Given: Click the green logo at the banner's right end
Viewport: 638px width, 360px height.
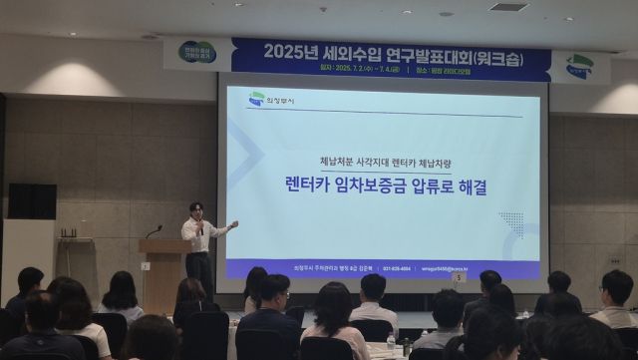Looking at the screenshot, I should tap(578, 66).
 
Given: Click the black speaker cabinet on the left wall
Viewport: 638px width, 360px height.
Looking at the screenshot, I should tap(32, 200).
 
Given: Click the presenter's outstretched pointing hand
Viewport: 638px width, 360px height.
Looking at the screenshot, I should tap(232, 223).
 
